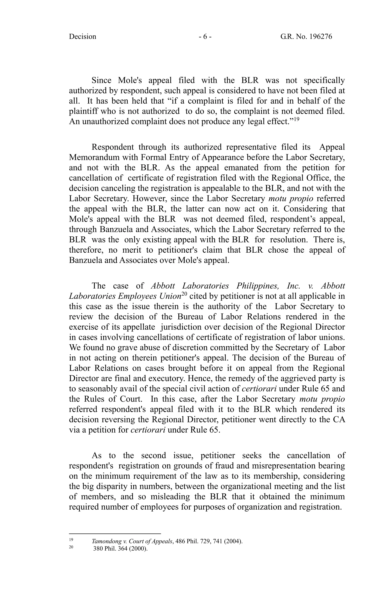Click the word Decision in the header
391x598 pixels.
[82, 37]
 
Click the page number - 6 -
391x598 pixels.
[205, 37]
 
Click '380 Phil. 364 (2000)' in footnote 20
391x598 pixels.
[120, 549]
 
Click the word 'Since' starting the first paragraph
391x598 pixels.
[102, 80]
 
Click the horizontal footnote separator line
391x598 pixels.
[115, 533]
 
